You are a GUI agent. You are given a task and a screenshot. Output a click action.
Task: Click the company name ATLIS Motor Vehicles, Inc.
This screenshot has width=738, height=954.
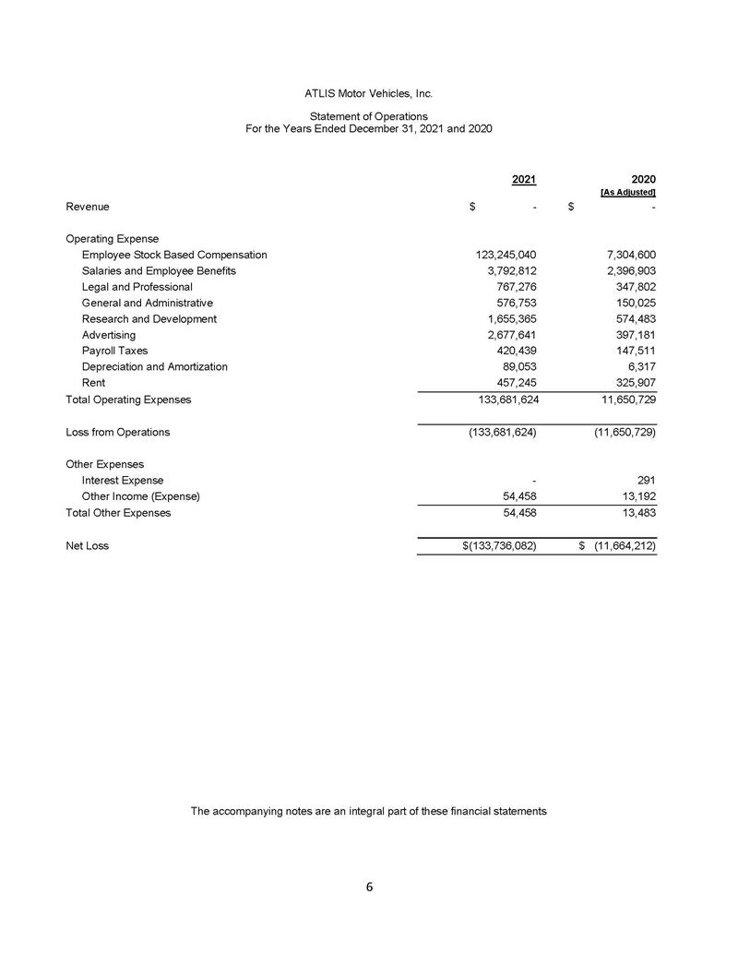pos(368,94)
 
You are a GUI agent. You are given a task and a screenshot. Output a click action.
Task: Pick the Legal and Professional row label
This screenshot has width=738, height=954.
pos(137,287)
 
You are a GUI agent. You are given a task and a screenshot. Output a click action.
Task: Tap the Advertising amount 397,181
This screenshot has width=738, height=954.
pos(633,334)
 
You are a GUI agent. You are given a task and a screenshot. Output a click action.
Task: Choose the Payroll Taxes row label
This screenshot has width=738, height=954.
pos(114,351)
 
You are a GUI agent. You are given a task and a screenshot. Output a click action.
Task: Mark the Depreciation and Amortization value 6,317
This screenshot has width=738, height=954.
pos(640,366)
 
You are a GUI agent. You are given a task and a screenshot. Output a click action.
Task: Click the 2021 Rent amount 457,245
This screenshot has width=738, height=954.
pos(513,382)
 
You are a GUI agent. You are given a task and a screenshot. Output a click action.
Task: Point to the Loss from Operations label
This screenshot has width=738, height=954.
pos(117,432)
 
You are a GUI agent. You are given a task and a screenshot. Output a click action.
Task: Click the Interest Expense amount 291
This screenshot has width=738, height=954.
pos(646,480)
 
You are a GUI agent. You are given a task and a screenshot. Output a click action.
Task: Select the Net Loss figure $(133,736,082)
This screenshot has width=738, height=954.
pos(499,545)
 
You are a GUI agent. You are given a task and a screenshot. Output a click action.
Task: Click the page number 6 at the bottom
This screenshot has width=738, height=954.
pos(369,888)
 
